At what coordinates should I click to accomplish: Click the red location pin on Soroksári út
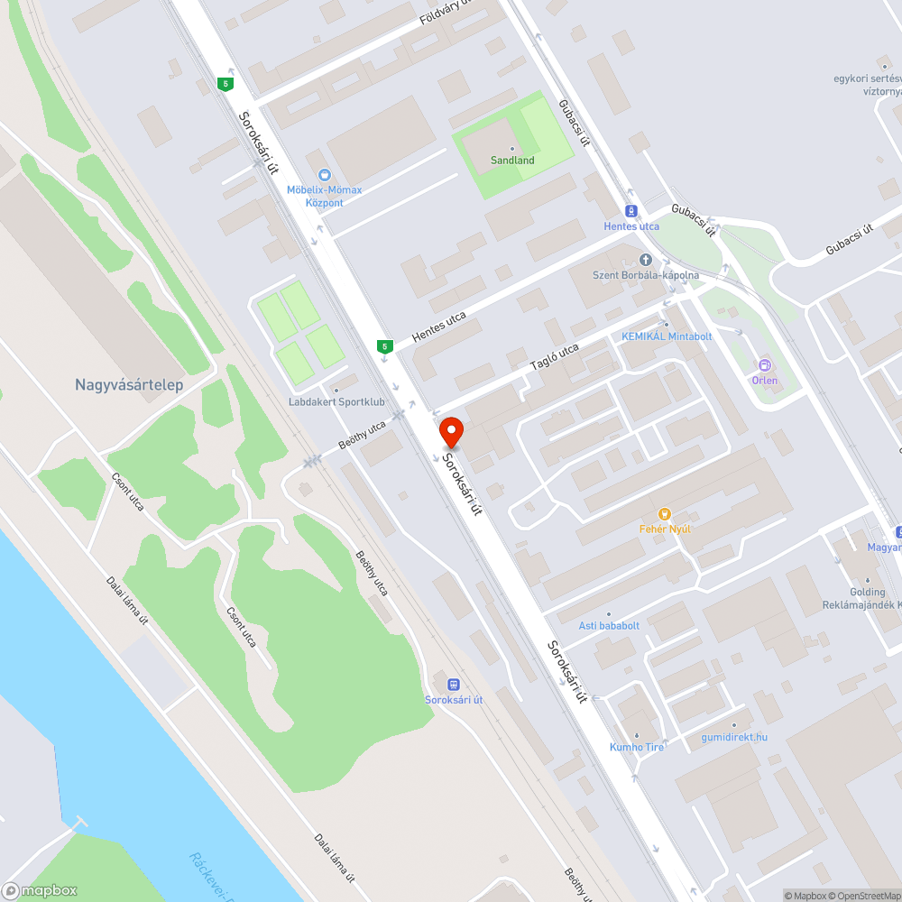pos(451,431)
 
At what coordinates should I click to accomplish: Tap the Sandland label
pos(512,161)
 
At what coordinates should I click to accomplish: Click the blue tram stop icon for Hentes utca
pos(631,211)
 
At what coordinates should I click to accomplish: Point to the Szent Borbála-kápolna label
pos(645,275)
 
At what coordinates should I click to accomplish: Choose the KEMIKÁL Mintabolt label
pos(667,336)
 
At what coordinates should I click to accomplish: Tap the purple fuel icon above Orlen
pos(765,365)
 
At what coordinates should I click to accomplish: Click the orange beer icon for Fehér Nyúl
pos(665,514)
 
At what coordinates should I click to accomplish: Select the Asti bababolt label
pos(609,625)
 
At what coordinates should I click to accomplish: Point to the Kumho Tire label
pos(637,747)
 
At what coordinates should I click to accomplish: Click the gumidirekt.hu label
pos(734,737)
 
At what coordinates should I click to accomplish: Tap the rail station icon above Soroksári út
pos(453,684)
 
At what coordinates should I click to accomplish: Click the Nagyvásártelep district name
pos(129,385)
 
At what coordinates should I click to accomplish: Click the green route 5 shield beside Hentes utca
pos(385,346)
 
